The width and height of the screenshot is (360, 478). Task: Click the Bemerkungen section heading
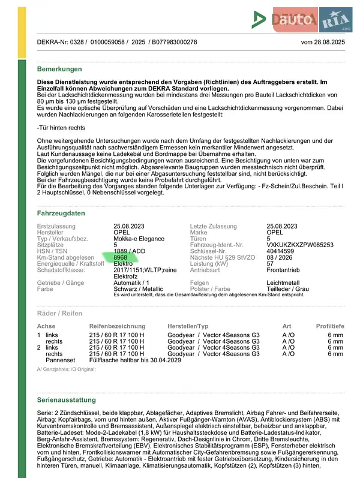59,69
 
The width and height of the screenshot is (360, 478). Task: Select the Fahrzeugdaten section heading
61,213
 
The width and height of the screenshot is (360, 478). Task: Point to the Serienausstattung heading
66,399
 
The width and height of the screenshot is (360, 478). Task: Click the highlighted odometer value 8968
121,257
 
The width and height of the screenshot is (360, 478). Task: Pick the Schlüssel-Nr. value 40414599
281,251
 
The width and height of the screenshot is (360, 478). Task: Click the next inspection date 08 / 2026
280,257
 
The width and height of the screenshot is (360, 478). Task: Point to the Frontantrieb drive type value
283,270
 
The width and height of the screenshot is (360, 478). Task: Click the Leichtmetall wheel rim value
284,282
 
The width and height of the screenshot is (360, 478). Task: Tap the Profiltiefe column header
330,326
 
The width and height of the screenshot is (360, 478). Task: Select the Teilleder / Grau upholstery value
287,288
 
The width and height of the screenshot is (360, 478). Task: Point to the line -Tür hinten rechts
61,128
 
